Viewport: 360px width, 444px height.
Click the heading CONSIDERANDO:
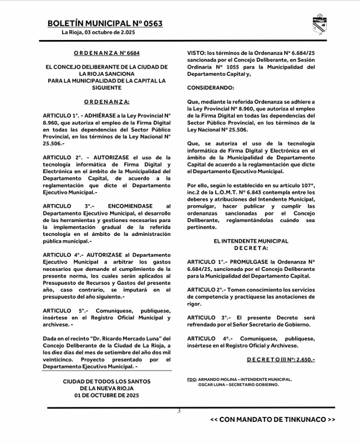pyautogui.click(x=211, y=88)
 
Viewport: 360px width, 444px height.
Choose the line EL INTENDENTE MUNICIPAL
pyautogui.click(x=251, y=241)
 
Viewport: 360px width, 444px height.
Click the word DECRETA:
pyautogui.click(x=251, y=248)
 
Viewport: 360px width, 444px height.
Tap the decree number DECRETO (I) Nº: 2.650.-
pyautogui.click(x=281, y=360)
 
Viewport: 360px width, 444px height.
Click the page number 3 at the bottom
pyautogui.click(x=179, y=411)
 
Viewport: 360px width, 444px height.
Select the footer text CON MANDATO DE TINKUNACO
pyautogui.click(x=273, y=420)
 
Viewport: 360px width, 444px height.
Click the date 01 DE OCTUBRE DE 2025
pyautogui.click(x=106, y=396)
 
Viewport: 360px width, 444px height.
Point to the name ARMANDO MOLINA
pyautogui.click(x=216, y=380)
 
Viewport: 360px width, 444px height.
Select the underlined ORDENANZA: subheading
pyautogui.click(x=107, y=102)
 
